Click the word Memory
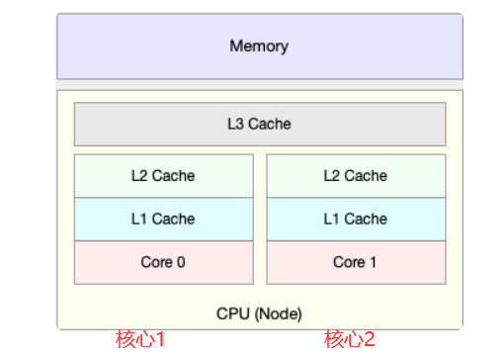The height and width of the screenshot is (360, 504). coord(259,46)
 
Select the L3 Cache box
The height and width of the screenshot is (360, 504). coord(260,124)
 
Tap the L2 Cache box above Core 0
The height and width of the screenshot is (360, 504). coord(164,176)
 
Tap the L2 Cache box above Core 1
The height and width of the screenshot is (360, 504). coord(356,176)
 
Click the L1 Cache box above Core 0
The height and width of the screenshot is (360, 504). coord(164,220)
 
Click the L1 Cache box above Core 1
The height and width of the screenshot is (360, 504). coord(356,220)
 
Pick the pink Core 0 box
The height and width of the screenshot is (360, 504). coord(164,262)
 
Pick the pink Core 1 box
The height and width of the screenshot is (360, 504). coord(356,262)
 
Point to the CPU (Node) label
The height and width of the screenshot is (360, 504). coord(259,314)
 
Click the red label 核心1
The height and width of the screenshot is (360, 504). coord(139,339)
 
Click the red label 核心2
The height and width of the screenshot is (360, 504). coord(349,339)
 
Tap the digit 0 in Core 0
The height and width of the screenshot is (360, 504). coord(181,262)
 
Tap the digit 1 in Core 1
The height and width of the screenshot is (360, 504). coord(373,262)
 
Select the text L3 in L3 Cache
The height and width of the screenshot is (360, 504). coord(235,124)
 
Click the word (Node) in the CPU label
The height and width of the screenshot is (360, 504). coord(278,314)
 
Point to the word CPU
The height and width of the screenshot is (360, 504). coord(233,314)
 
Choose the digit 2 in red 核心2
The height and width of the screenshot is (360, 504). coord(369,339)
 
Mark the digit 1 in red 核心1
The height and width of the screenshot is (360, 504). coord(160,339)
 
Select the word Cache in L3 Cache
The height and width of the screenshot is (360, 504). coord(270,124)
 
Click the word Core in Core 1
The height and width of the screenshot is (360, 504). coord(349,262)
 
